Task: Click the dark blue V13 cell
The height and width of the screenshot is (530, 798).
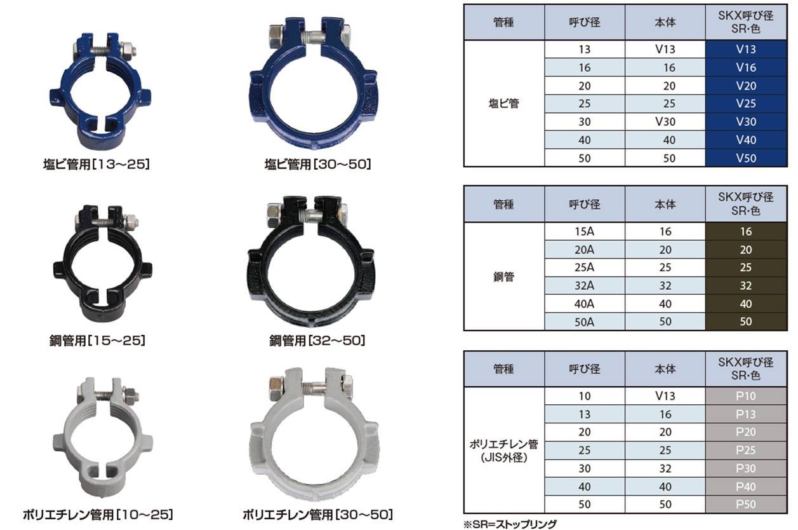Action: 746,49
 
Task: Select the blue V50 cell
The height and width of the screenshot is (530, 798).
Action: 746,158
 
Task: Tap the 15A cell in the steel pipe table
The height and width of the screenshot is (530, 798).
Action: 584,231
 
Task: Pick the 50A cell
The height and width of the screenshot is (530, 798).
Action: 584,322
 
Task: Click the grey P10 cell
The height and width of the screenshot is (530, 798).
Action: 746,396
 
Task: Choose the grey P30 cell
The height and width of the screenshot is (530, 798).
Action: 746,468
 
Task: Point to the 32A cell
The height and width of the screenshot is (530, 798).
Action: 584,286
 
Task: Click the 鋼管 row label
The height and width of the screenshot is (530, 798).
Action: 503,276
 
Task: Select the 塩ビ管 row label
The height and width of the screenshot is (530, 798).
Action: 503,104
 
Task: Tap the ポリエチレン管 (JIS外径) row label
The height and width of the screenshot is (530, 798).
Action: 503,451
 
